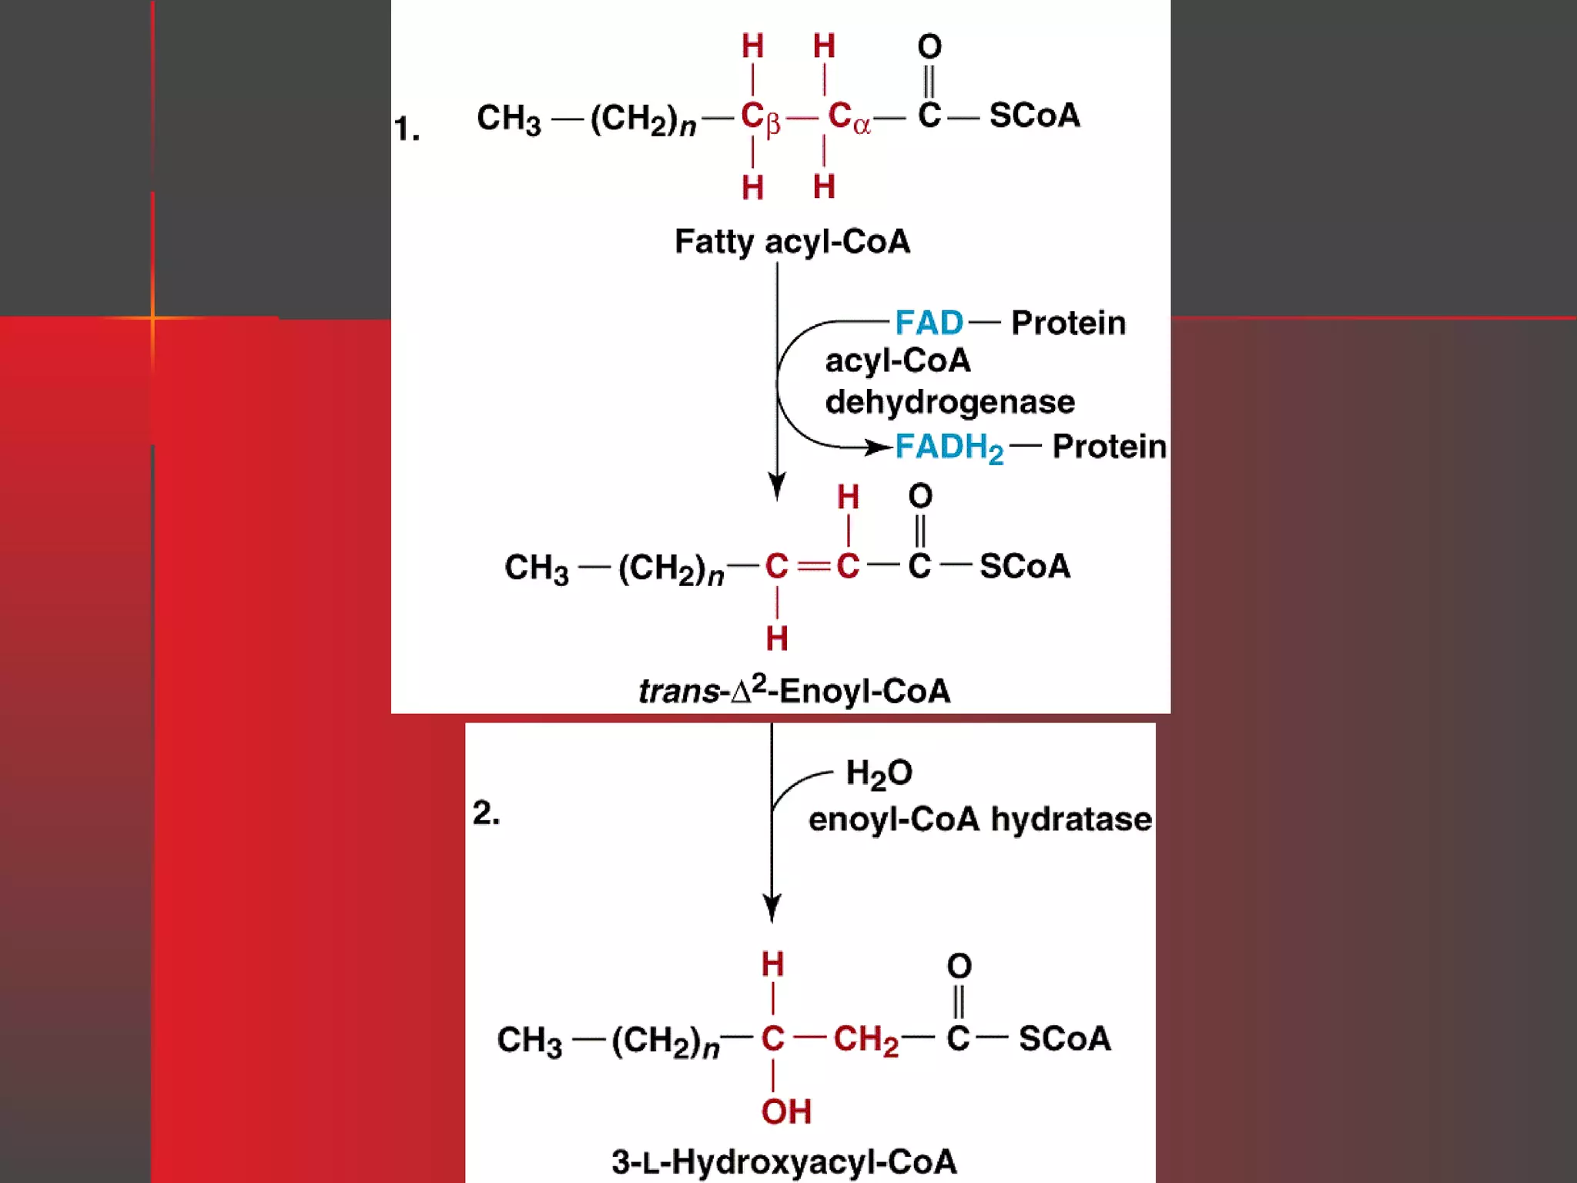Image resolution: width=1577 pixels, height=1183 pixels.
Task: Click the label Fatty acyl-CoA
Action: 792,242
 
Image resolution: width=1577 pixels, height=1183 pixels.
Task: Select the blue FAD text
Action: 929,323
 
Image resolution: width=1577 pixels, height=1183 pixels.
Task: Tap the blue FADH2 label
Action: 949,447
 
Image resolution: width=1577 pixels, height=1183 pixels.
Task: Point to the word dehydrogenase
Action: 949,402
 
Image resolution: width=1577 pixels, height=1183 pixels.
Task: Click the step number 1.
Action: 406,129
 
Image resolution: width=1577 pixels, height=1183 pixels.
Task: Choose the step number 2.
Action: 486,813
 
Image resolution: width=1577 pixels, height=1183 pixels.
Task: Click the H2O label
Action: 879,773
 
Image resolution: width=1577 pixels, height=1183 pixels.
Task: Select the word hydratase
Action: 1071,819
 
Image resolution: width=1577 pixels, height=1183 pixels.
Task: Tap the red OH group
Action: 786,1111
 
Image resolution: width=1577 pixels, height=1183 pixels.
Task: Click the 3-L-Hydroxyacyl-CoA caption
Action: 784,1161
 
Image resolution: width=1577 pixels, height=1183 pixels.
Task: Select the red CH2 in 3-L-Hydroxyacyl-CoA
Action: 866,1040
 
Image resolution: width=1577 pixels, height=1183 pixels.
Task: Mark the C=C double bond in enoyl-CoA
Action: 812,567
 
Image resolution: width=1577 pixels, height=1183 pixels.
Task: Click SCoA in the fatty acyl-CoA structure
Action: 1034,116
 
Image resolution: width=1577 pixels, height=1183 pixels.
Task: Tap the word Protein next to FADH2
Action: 1109,447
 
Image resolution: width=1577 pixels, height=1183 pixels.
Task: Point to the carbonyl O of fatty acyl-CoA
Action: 929,47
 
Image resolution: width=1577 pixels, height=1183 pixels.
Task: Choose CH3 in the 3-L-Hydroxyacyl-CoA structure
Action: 529,1041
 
